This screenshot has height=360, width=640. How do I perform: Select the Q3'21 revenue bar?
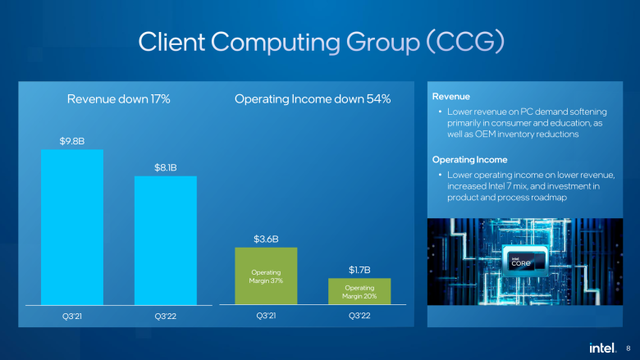click(72, 226)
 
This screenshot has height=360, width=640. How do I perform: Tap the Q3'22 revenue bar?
click(166, 239)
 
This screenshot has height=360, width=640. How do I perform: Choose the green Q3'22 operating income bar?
click(359, 290)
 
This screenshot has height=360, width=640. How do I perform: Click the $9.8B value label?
click(72, 141)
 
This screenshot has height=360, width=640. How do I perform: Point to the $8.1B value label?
click(166, 168)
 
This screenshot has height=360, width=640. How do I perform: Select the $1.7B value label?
click(359, 270)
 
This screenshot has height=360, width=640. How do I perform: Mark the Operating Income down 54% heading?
click(313, 99)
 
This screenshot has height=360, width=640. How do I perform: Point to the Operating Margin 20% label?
click(359, 292)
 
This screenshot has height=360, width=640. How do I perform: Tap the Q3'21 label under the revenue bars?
click(72, 316)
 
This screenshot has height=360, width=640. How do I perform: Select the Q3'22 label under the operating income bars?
click(359, 316)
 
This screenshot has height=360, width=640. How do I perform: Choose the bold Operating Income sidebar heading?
click(470, 159)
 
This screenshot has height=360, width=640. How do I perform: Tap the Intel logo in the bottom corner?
click(602, 348)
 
